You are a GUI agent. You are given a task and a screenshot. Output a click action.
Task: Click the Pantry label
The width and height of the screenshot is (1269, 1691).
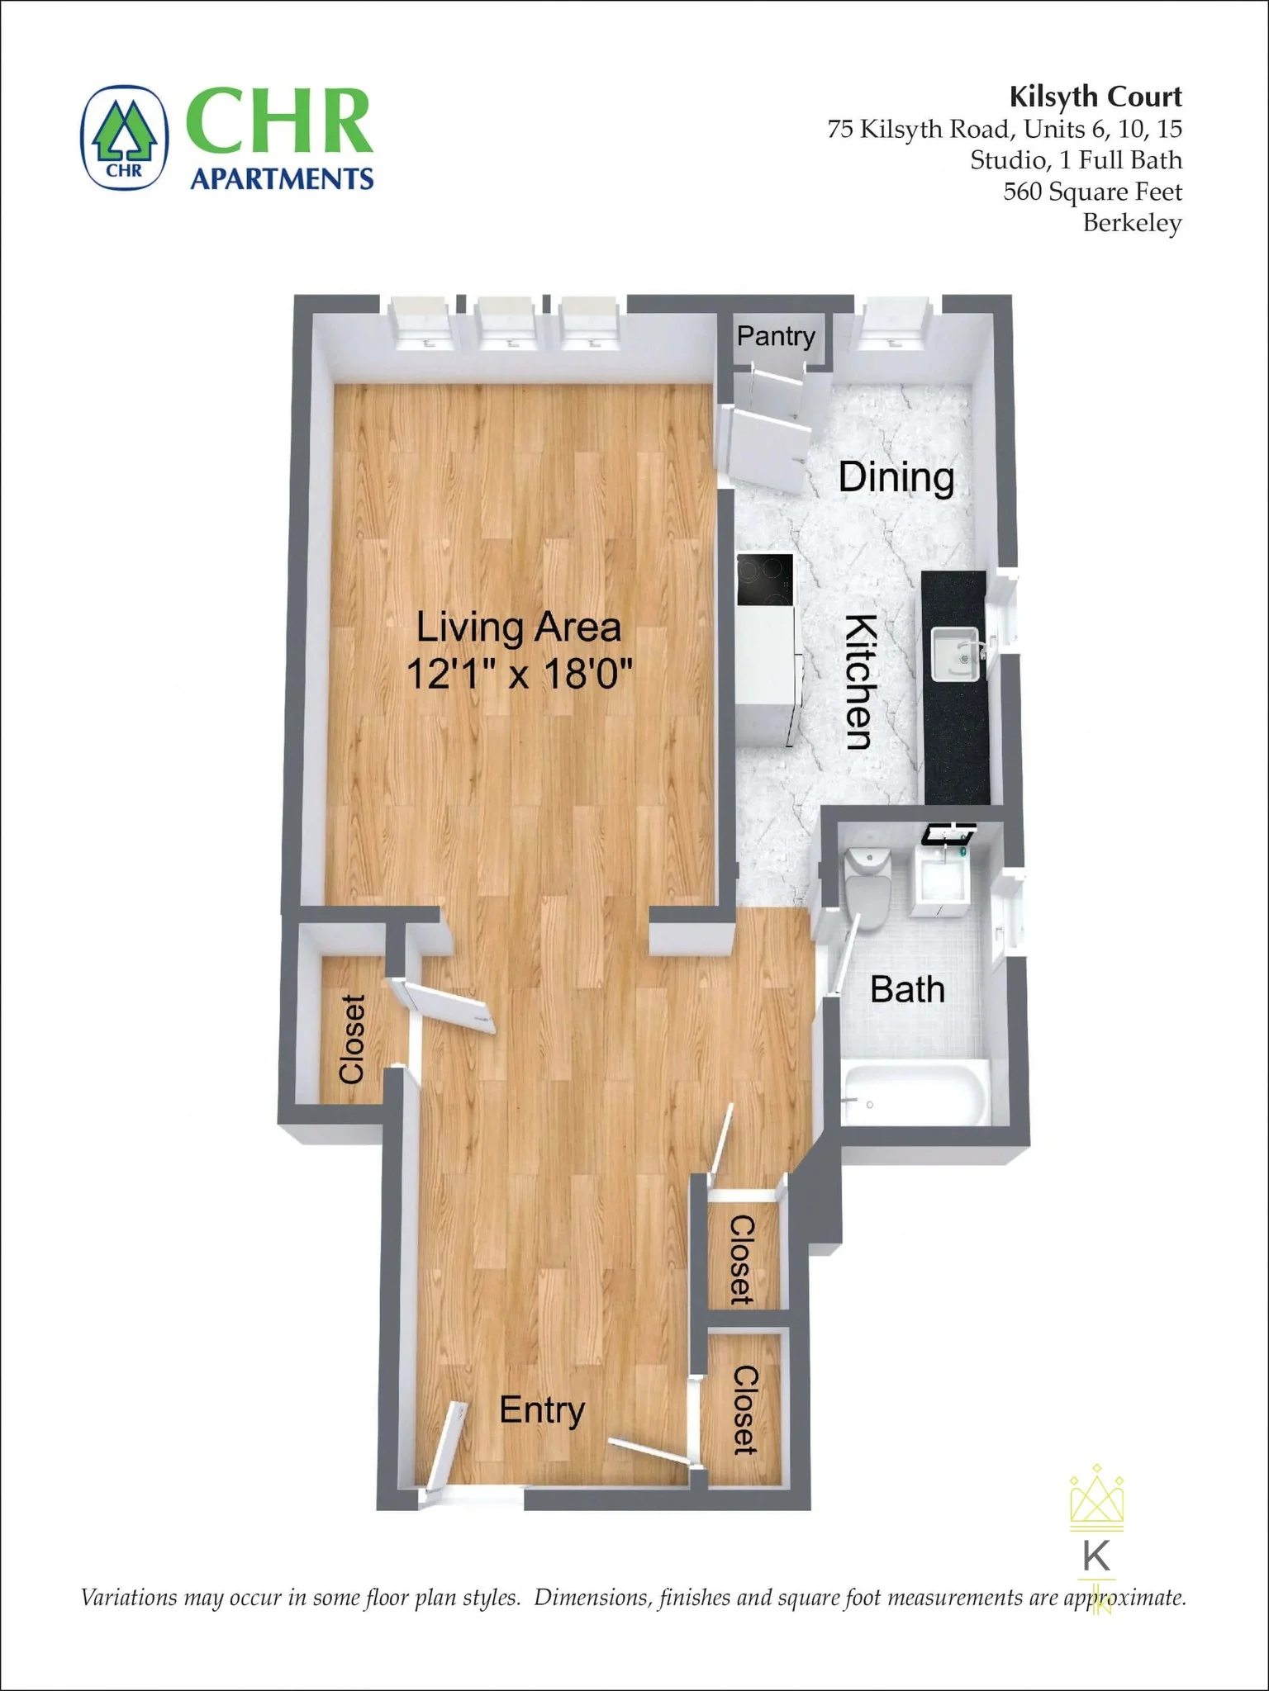pos(776,336)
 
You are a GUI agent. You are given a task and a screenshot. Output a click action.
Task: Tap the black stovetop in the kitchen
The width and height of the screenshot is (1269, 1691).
pos(765,569)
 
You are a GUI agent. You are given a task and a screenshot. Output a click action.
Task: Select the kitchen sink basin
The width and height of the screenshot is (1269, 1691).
pos(956,655)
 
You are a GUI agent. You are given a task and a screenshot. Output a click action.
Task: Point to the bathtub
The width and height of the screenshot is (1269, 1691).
pos(915,1092)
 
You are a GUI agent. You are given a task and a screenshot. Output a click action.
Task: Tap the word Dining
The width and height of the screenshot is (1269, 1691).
pos(896,477)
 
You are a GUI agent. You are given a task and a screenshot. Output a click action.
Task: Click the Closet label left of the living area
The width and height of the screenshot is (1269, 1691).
pos(353,1039)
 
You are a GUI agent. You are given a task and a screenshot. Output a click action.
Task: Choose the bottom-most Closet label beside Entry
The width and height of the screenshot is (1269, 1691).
pos(744,1409)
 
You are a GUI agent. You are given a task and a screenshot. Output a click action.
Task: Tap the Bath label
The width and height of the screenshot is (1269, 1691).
pos(907,989)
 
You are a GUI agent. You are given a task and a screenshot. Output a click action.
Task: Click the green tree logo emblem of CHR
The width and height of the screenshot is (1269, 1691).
pos(125,137)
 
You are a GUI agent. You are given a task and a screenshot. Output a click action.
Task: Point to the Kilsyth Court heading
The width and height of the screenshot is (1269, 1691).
pos(1095,97)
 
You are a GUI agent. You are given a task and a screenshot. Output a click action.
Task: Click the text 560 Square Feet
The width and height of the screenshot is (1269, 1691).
pos(1092,192)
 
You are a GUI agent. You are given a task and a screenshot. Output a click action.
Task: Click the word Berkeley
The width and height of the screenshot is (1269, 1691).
pos(1132,223)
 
